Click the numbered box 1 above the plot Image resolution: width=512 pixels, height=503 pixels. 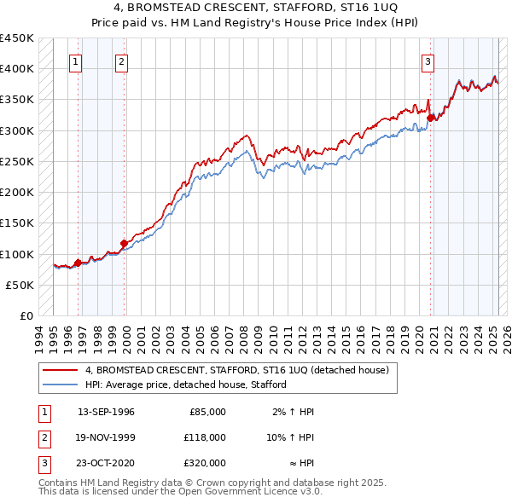pyautogui.click(x=76, y=61)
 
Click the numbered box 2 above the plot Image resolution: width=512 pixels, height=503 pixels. pyautogui.click(x=122, y=61)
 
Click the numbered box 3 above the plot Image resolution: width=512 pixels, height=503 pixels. pyautogui.click(x=427, y=61)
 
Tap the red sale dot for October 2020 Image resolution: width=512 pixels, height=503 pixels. pyautogui.click(x=431, y=119)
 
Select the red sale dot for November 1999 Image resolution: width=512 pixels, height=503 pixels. pyautogui.click(x=124, y=243)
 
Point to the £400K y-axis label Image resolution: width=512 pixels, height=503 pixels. pyautogui.click(x=17, y=69)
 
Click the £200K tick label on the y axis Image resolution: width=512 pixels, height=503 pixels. pyautogui.click(x=17, y=193)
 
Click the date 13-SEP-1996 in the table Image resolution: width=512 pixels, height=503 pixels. pyautogui.click(x=106, y=412)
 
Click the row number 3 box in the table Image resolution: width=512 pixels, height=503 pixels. pyautogui.click(x=42, y=463)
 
